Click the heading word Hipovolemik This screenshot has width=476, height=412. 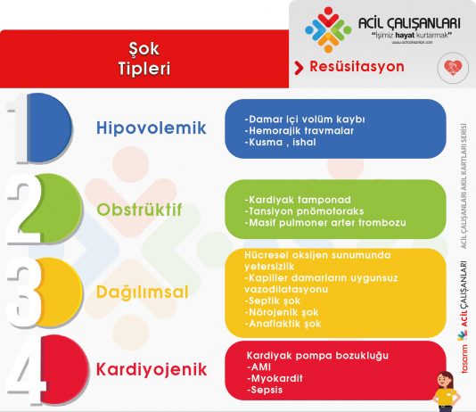click(151, 128)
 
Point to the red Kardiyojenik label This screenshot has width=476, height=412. click(151, 367)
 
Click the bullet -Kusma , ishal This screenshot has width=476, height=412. click(283, 141)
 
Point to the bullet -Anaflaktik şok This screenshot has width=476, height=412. click(285, 324)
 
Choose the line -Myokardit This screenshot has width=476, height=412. click(275, 378)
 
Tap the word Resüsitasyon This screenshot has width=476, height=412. click(356, 67)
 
